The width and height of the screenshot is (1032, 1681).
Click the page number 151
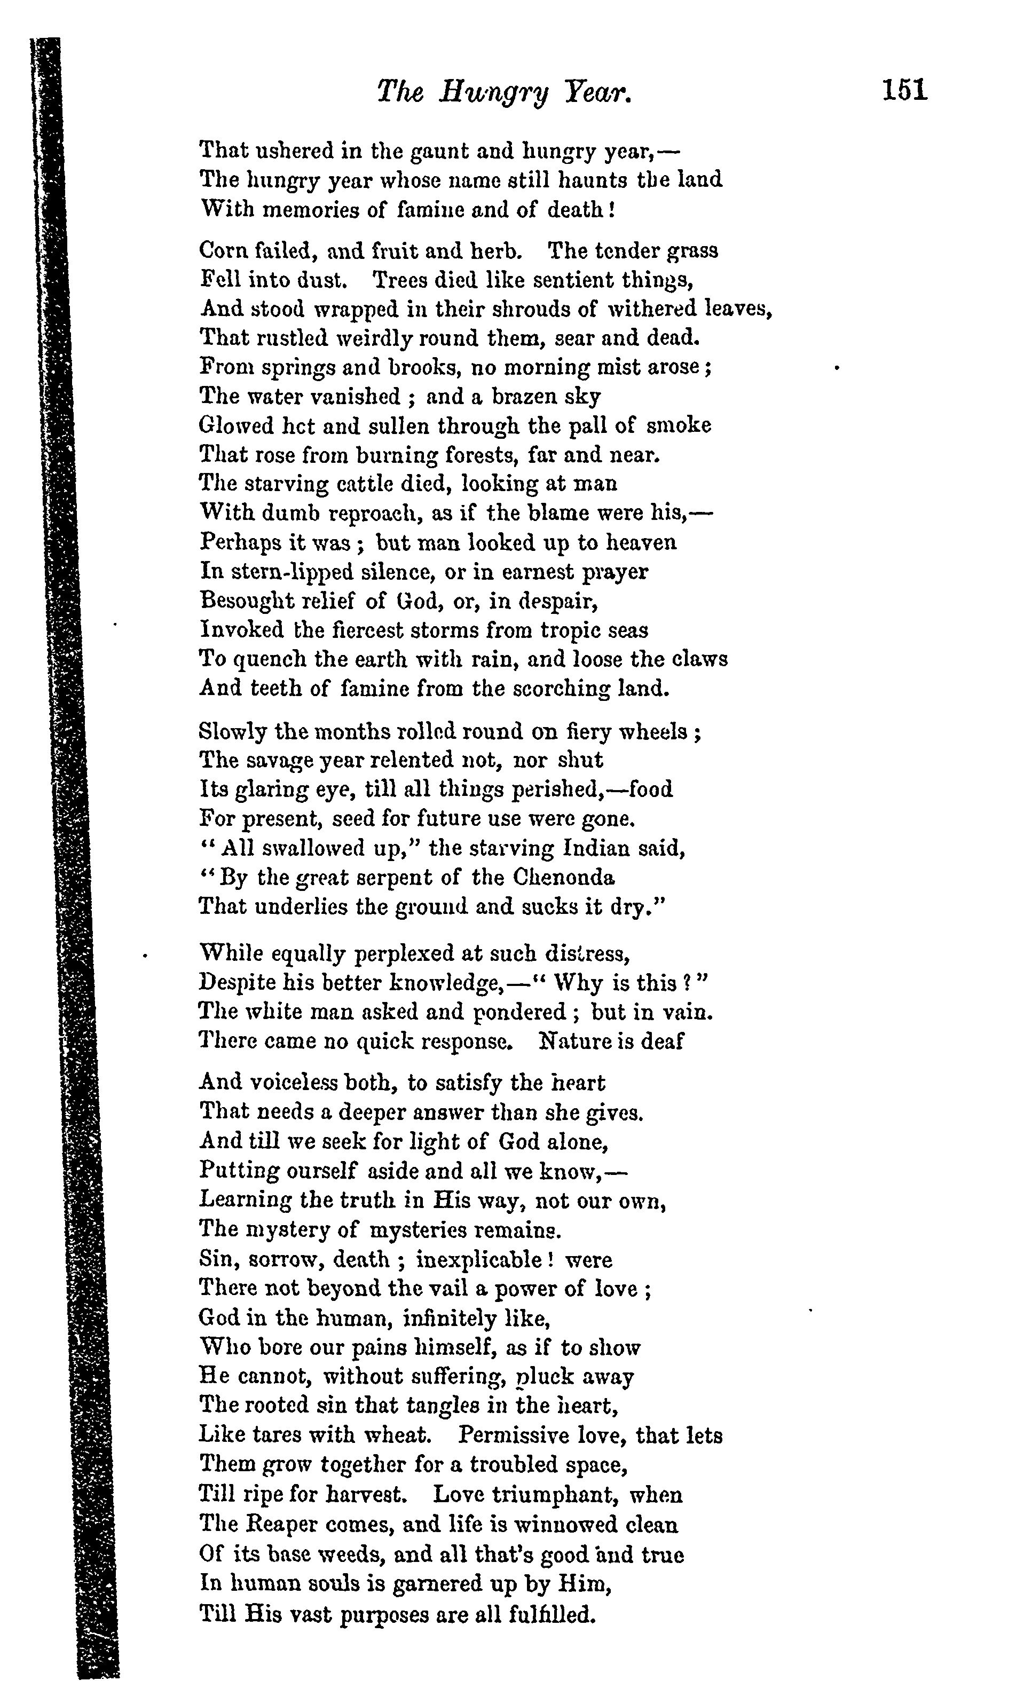904,90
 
